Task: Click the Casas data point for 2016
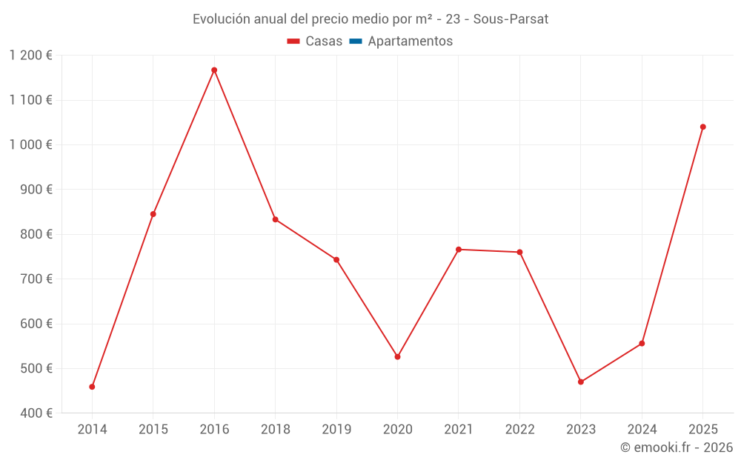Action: click(214, 70)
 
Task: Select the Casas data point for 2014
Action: click(92, 387)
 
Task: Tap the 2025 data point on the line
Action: click(703, 127)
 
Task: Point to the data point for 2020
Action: click(397, 357)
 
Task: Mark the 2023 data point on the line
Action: click(581, 382)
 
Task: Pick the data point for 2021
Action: click(459, 250)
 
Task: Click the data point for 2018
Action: click(275, 219)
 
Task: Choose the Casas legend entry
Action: click(315, 41)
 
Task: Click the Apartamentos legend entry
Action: click(401, 41)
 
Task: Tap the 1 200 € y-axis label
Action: click(30, 56)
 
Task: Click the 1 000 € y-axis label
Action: click(30, 145)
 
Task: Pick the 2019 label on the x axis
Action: click(336, 430)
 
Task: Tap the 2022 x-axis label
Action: click(519, 430)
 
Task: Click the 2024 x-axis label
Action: click(642, 430)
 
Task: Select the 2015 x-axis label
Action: click(153, 430)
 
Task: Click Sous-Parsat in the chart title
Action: click(511, 19)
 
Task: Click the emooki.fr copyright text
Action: click(677, 447)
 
